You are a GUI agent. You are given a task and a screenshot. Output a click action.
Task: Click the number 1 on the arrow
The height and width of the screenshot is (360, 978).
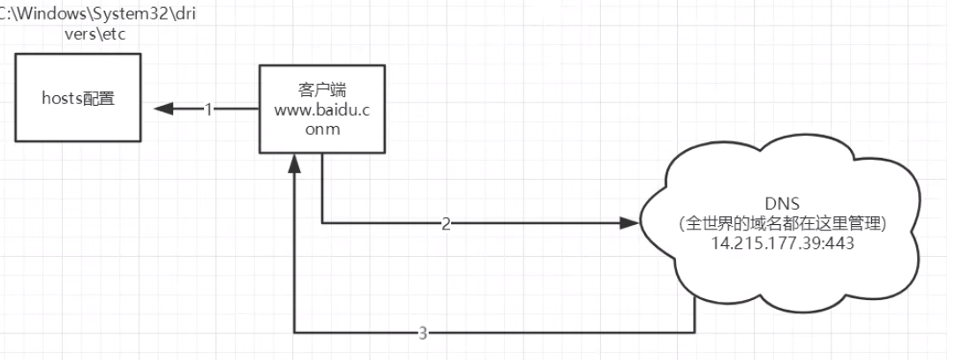[209, 109]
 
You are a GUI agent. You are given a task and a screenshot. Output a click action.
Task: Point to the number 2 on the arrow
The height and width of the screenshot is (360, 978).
[446, 223]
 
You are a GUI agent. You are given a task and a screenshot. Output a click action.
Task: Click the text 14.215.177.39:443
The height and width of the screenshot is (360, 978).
[782, 243]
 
